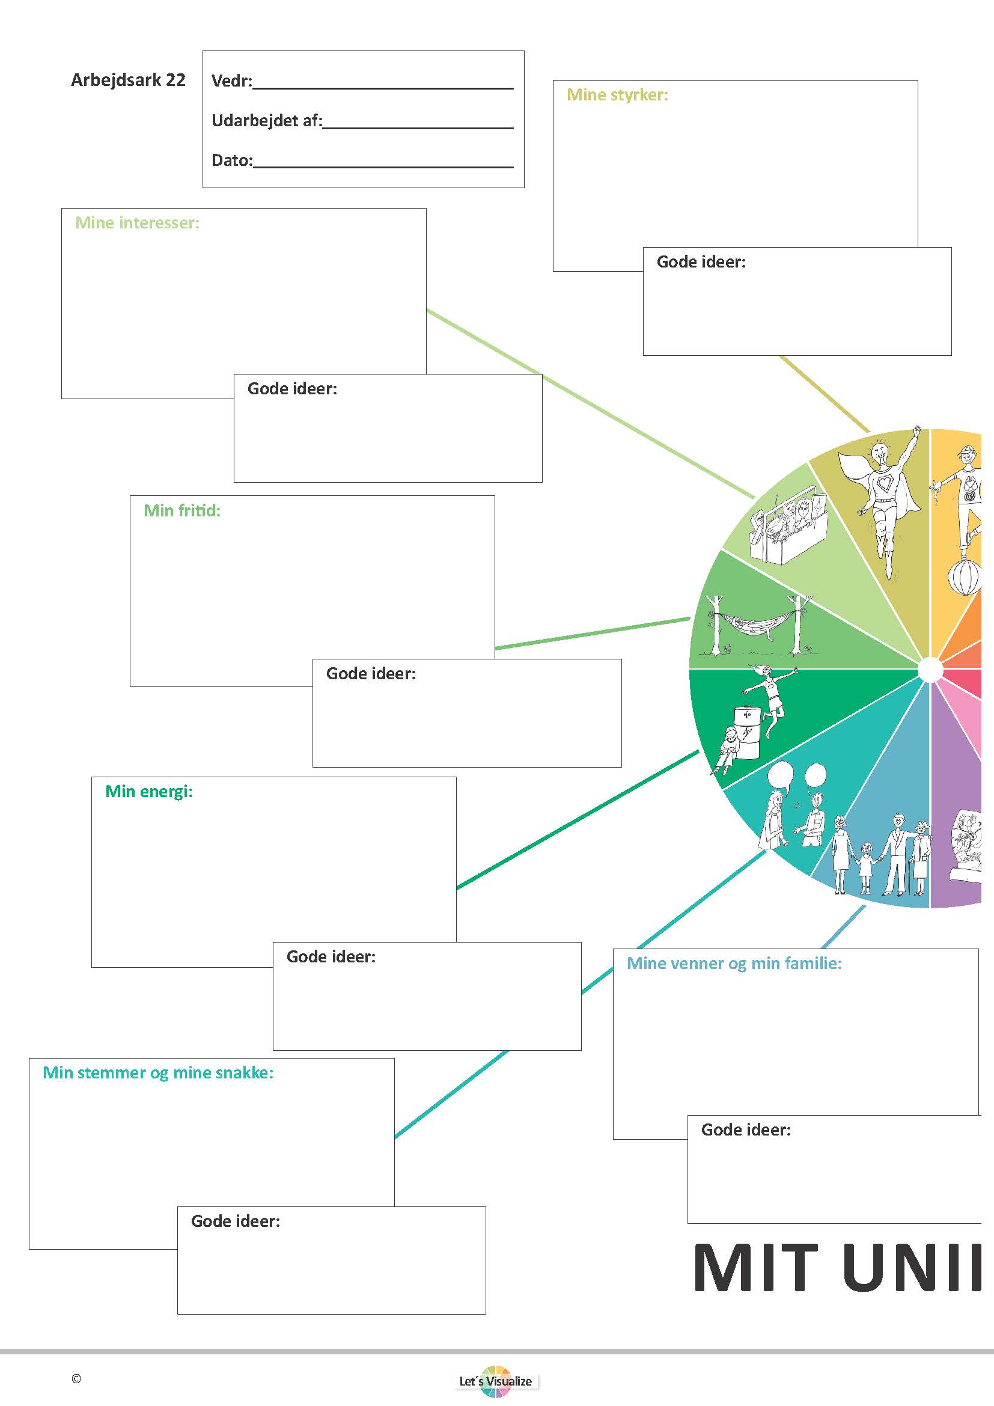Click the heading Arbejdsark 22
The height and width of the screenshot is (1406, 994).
pyautogui.click(x=128, y=80)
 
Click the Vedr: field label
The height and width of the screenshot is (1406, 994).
pyautogui.click(x=231, y=81)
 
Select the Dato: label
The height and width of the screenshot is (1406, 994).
pyautogui.click(x=231, y=160)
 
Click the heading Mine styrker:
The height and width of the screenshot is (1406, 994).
pyautogui.click(x=617, y=95)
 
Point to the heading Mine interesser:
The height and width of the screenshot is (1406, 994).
pyautogui.click(x=137, y=223)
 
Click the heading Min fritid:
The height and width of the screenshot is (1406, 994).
pyautogui.click(x=181, y=511)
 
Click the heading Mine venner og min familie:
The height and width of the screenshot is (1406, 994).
pyautogui.click(x=734, y=963)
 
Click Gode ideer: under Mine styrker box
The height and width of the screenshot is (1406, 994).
pyautogui.click(x=701, y=262)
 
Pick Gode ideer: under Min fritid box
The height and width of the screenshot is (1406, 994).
pyautogui.click(x=370, y=674)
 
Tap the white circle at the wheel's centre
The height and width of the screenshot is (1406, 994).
pyautogui.click(x=930, y=669)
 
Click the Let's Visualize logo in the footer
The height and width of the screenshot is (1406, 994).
pyautogui.click(x=496, y=1381)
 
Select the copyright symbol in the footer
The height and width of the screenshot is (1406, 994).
pyautogui.click(x=76, y=1379)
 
